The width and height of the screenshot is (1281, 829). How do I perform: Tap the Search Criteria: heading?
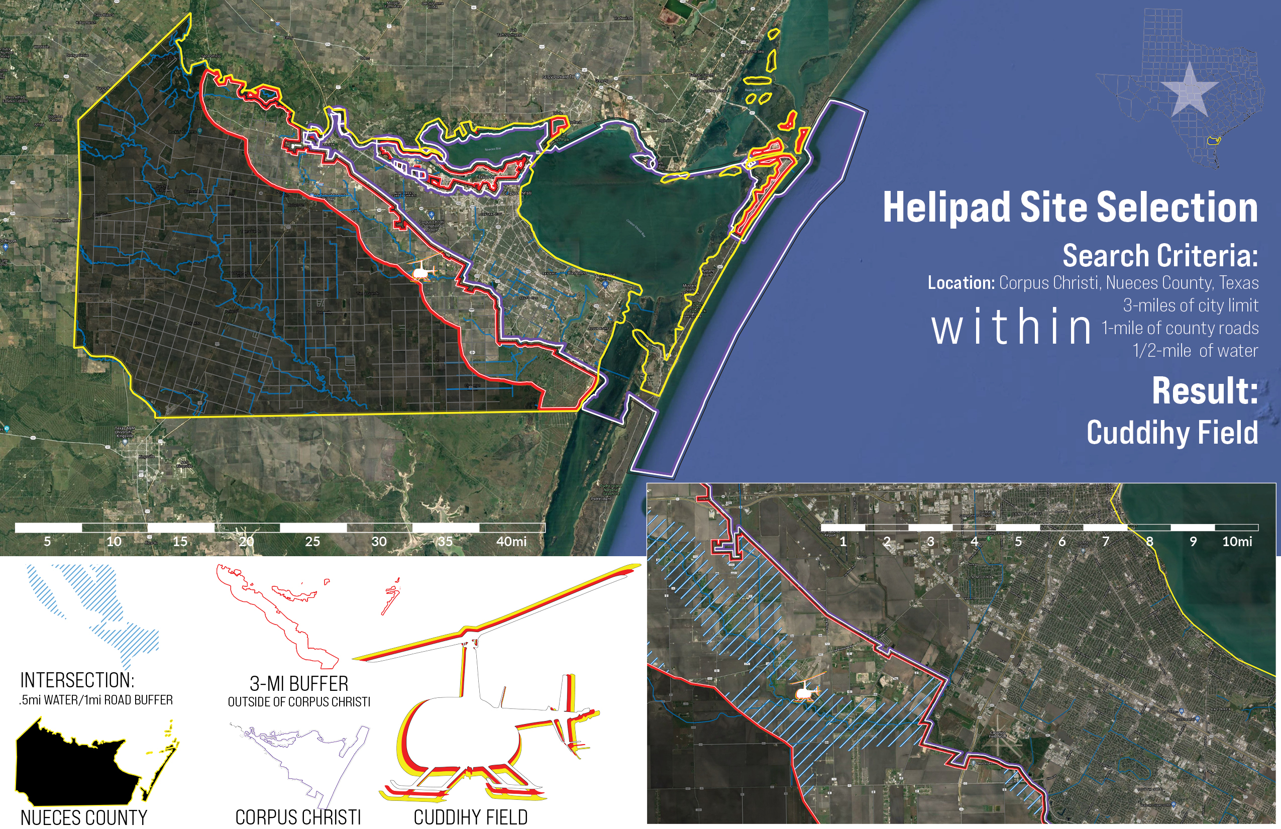(x=1160, y=256)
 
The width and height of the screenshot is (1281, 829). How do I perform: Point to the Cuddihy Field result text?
(x=1172, y=433)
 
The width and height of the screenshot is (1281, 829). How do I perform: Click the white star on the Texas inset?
(x=1190, y=90)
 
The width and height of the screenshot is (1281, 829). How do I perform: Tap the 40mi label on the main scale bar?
(x=511, y=542)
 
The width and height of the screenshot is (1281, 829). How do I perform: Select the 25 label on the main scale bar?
(x=312, y=542)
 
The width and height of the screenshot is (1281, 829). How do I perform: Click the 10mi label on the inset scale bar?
(x=1237, y=542)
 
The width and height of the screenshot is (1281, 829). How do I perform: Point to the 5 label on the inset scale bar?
(x=1018, y=542)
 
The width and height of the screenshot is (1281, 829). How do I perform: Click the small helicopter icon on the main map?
(x=421, y=271)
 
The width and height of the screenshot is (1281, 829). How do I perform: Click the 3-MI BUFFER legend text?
(x=299, y=684)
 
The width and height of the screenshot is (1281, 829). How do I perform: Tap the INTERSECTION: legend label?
(x=77, y=680)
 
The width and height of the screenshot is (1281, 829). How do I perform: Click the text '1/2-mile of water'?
(x=1195, y=351)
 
